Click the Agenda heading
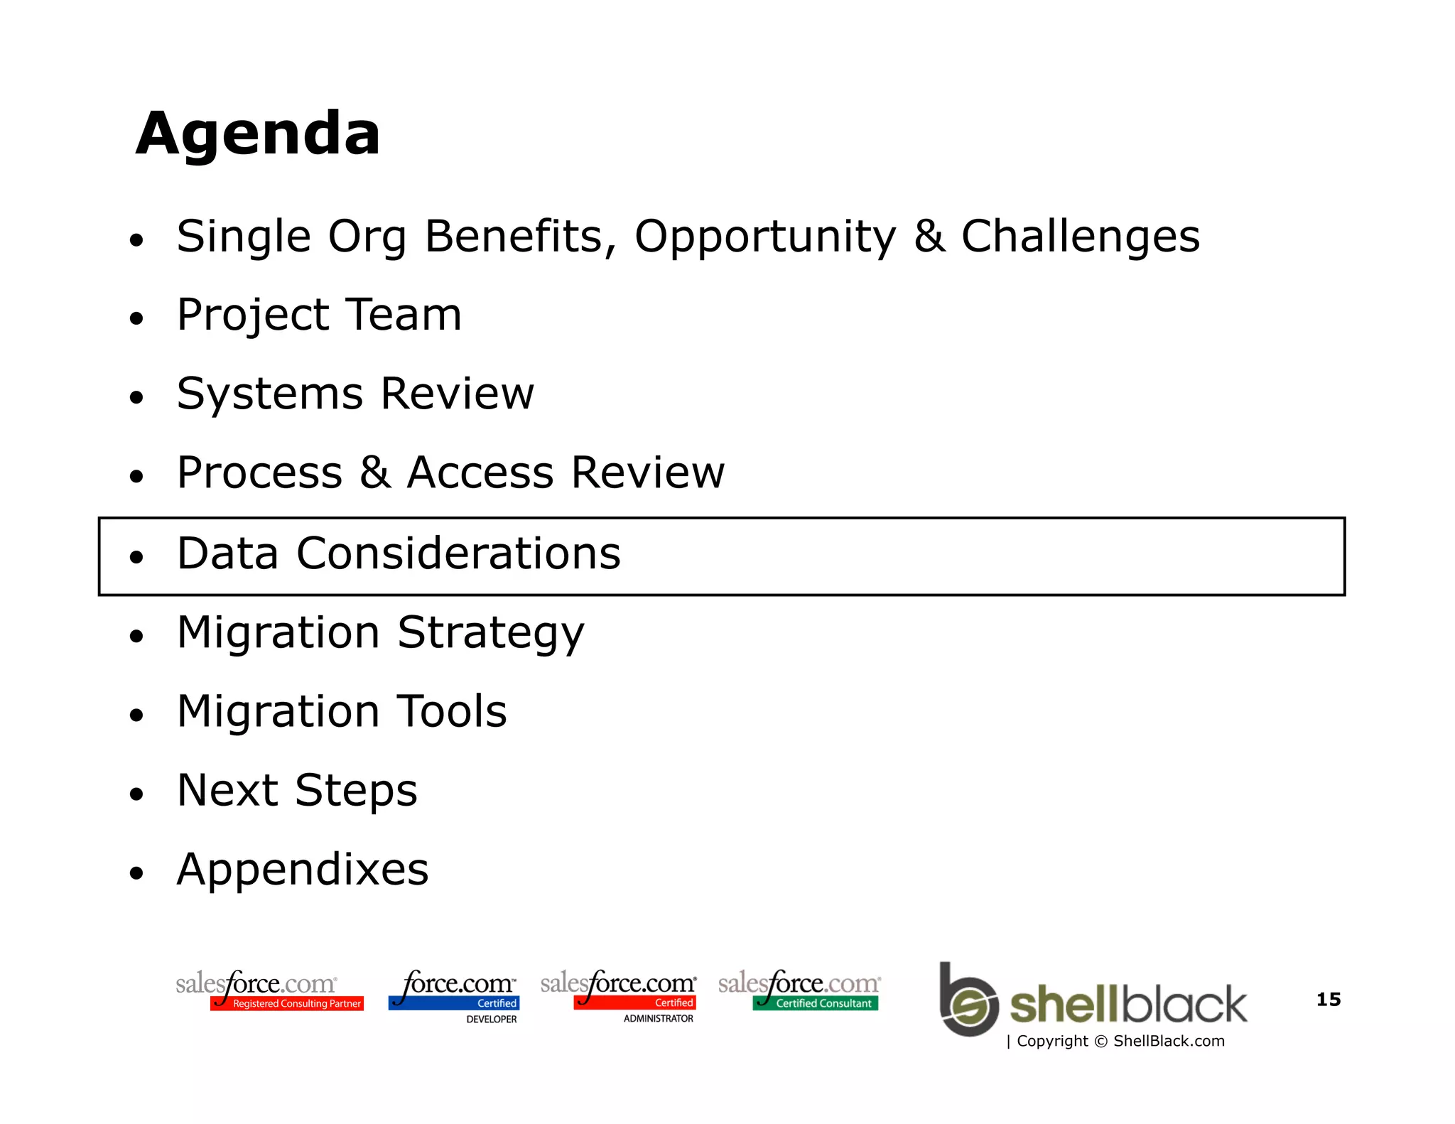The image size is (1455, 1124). click(258, 134)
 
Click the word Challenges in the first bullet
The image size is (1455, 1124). click(1080, 237)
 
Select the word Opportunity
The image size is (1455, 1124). click(765, 237)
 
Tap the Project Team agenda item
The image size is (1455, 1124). click(319, 315)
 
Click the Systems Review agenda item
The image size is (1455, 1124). click(355, 394)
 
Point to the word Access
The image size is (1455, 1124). click(480, 472)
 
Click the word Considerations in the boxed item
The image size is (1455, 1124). click(458, 553)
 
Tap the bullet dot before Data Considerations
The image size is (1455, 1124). click(136, 556)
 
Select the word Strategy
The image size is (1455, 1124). click(490, 633)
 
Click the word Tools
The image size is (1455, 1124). click(451, 711)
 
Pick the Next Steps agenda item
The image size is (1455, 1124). click(297, 790)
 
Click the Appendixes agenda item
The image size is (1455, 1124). click(303, 869)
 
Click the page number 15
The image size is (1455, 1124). click(1328, 1000)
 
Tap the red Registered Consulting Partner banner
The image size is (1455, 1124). click(288, 1003)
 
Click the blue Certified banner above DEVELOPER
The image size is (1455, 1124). click(455, 1003)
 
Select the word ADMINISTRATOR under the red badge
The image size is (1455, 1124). click(658, 1019)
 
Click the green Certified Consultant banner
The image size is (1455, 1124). click(816, 1003)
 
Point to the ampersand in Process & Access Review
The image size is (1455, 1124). click(374, 472)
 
